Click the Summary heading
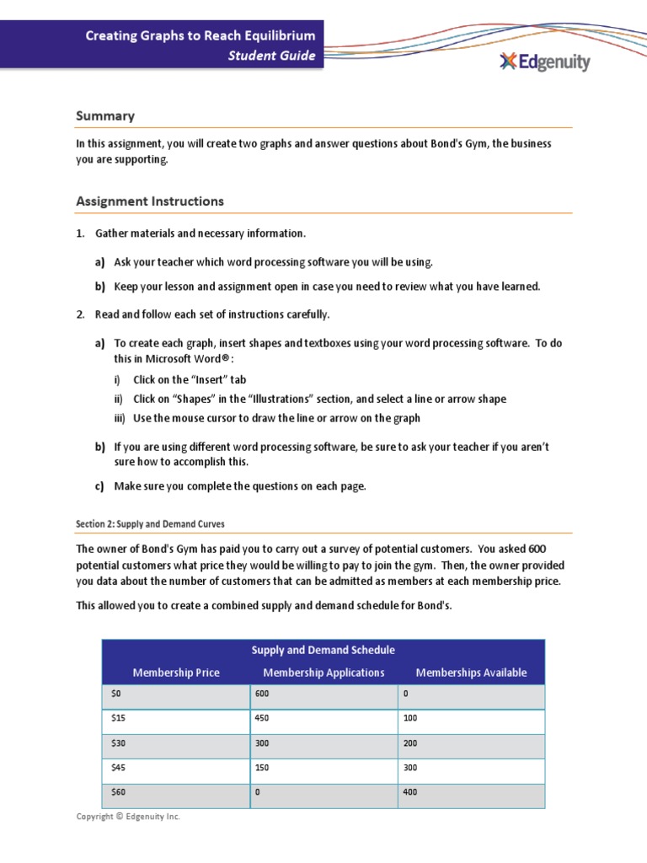click(x=105, y=115)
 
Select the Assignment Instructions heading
click(x=150, y=201)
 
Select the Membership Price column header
click(x=176, y=673)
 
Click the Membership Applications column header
click(x=323, y=673)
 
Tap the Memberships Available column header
click(x=471, y=673)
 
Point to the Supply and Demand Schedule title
click(x=323, y=650)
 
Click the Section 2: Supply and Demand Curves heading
click(x=150, y=523)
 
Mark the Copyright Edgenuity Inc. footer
click(x=128, y=817)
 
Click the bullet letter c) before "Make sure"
click(x=99, y=486)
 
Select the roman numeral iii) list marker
click(x=120, y=418)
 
